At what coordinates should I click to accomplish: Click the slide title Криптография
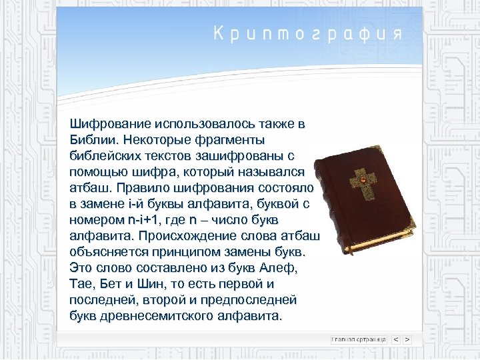click(x=308, y=33)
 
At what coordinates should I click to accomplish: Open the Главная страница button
click(x=360, y=339)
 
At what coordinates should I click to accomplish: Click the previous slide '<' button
click(x=395, y=339)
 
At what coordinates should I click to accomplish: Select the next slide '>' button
click(x=407, y=339)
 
